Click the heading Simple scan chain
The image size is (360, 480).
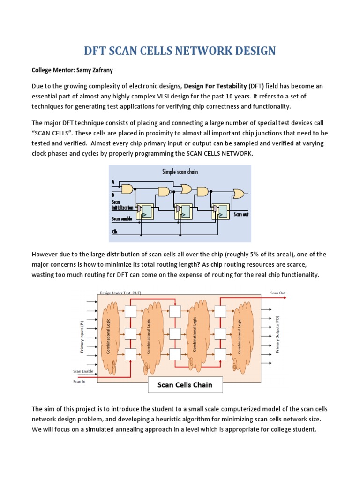click(x=180, y=172)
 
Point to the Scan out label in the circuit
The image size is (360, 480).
click(x=241, y=214)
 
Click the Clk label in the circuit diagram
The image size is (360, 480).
click(x=114, y=231)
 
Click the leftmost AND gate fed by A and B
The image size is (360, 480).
click(x=127, y=188)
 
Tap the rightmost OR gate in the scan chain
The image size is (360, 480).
click(x=238, y=193)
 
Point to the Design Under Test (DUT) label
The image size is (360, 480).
click(x=120, y=293)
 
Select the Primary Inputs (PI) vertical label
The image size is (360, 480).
click(x=81, y=337)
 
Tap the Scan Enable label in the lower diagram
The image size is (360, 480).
click(x=83, y=371)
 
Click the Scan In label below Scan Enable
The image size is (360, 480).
click(x=78, y=382)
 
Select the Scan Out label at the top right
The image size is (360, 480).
click(x=277, y=293)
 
